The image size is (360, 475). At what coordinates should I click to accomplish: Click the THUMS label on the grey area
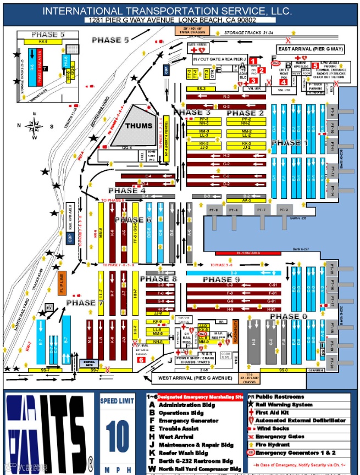point(139,126)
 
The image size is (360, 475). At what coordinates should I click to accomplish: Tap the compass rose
point(35,125)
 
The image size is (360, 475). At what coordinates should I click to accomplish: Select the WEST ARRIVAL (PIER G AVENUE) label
point(197,379)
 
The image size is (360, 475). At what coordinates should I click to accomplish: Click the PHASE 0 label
point(293,317)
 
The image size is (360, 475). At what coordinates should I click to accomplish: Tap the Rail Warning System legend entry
point(284,405)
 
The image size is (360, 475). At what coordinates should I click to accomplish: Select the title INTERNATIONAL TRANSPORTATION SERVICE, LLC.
point(167,11)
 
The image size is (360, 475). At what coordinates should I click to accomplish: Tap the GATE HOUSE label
point(197,44)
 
